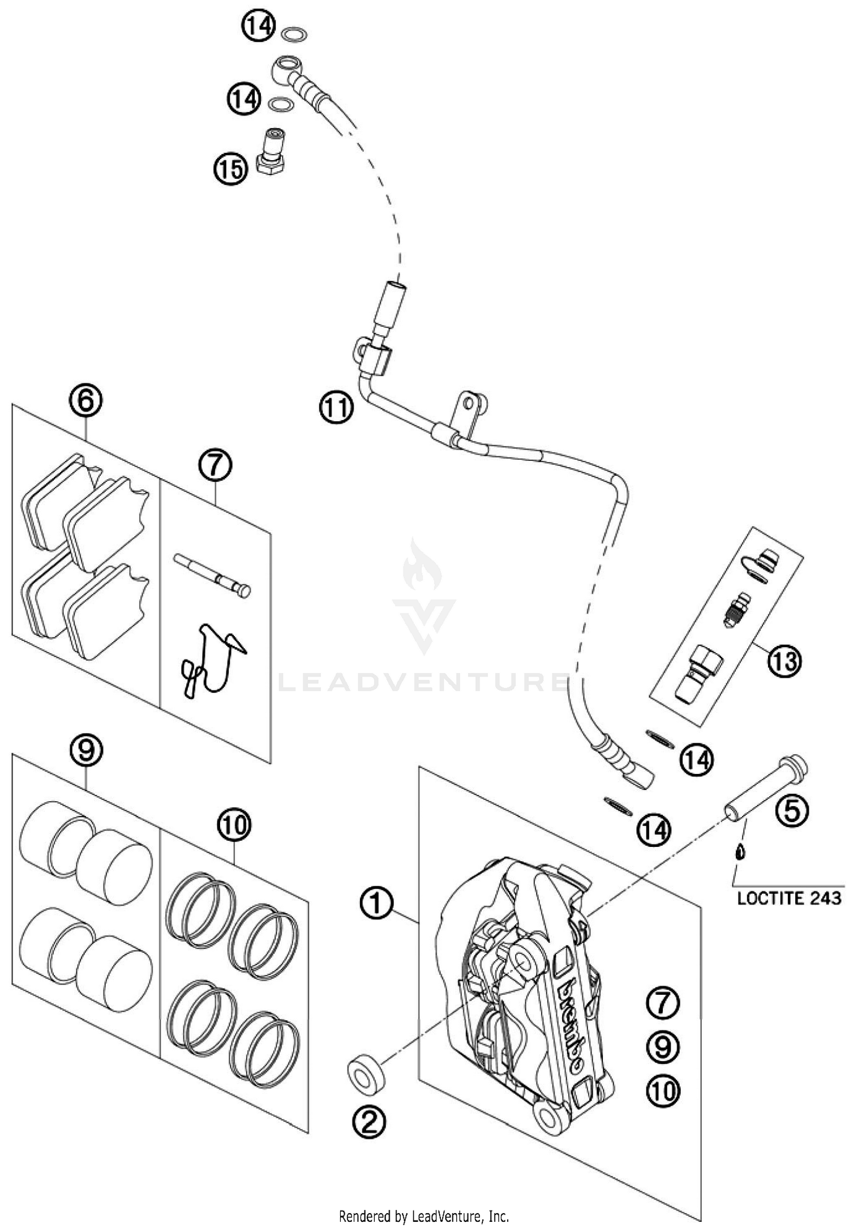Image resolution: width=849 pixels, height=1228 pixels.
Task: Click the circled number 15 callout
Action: (x=230, y=168)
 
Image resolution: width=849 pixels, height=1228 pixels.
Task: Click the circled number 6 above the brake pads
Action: (x=85, y=401)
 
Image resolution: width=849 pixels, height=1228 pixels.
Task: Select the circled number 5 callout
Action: (x=791, y=811)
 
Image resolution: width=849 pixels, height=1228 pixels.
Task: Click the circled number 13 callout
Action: (x=785, y=661)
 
